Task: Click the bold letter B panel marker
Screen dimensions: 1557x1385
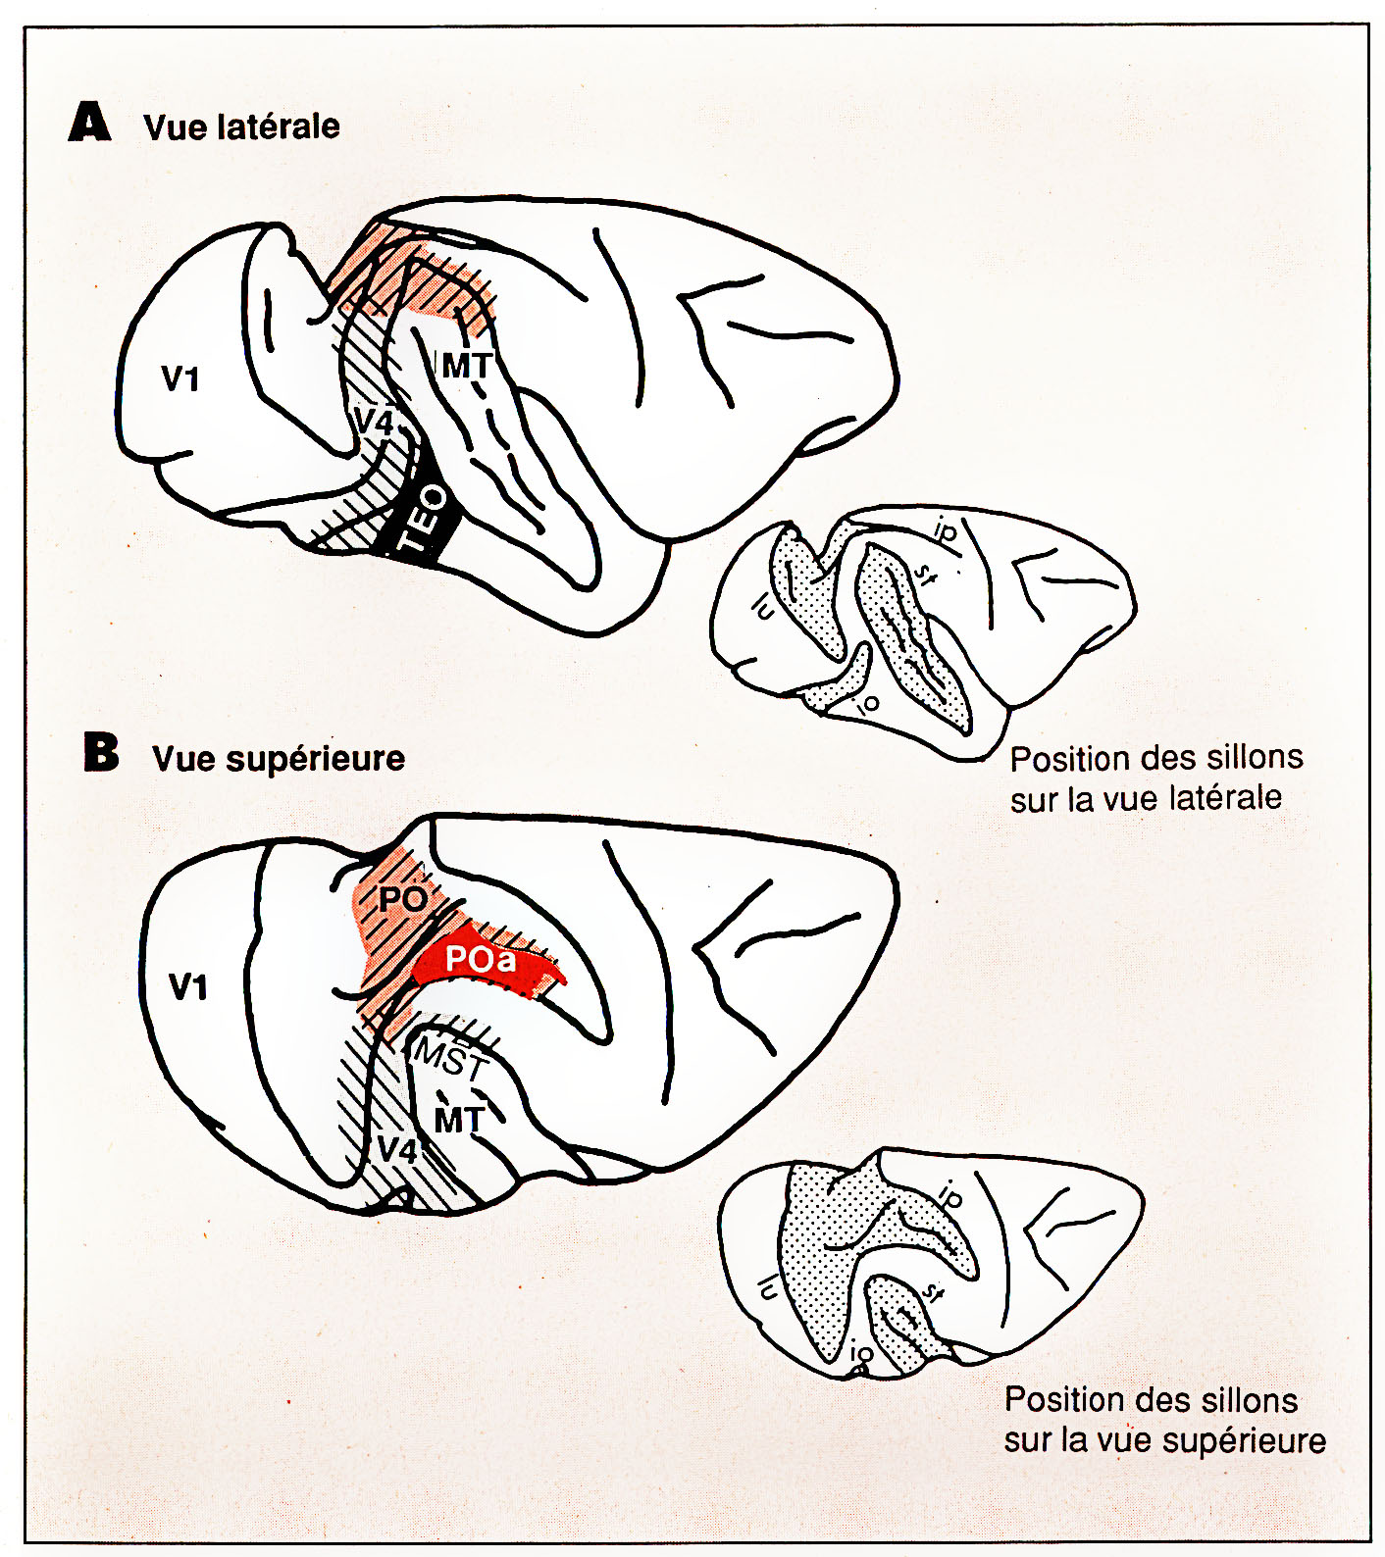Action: pyautogui.click(x=101, y=753)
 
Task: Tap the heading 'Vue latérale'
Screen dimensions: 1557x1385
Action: pyautogui.click(x=241, y=126)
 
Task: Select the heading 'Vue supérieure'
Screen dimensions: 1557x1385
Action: pyautogui.click(x=279, y=758)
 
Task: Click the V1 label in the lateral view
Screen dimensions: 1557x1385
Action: pyautogui.click(x=180, y=378)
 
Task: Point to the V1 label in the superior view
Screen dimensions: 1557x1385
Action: pyautogui.click(x=188, y=986)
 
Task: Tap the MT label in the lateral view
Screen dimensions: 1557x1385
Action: pyautogui.click(x=466, y=366)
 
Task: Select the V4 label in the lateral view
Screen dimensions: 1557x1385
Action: pyautogui.click(x=373, y=423)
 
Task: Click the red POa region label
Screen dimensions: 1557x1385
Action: pyautogui.click(x=481, y=959)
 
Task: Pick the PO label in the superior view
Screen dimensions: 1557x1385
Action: pyautogui.click(x=402, y=898)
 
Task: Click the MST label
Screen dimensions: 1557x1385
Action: pyautogui.click(x=450, y=1060)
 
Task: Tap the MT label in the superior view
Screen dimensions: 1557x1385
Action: pyautogui.click(x=459, y=1120)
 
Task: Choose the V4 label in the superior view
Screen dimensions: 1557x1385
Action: pyautogui.click(x=397, y=1148)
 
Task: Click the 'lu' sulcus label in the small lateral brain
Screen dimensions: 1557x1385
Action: pyautogui.click(x=762, y=609)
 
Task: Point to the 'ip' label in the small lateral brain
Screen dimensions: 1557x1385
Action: pyautogui.click(x=944, y=530)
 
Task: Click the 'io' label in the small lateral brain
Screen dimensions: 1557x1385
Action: pyautogui.click(x=867, y=702)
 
